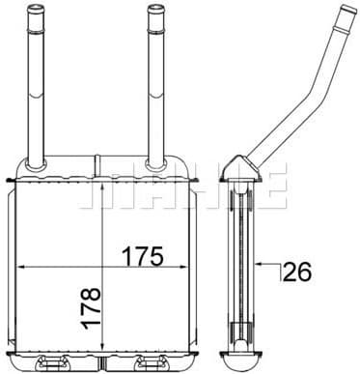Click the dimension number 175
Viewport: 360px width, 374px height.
[x=143, y=257]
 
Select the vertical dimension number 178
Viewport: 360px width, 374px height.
[x=92, y=308]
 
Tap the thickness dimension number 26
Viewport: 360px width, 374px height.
[x=298, y=272]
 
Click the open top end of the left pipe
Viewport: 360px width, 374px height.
[x=36, y=7]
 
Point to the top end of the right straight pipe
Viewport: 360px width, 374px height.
[x=155, y=7]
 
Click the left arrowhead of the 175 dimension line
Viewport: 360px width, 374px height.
[x=20, y=267]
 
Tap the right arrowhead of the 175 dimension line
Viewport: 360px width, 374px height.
[x=183, y=267]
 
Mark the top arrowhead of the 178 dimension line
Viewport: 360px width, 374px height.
[x=101, y=188]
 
